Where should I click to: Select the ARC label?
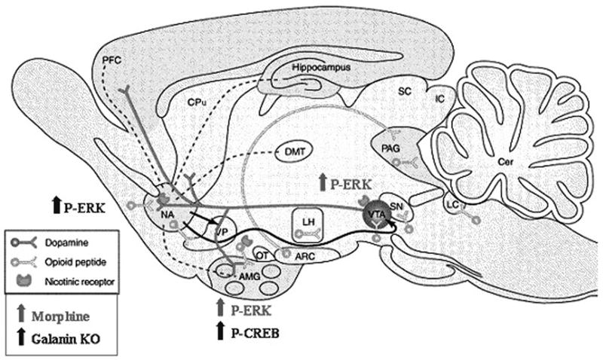pyautogui.click(x=305, y=255)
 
